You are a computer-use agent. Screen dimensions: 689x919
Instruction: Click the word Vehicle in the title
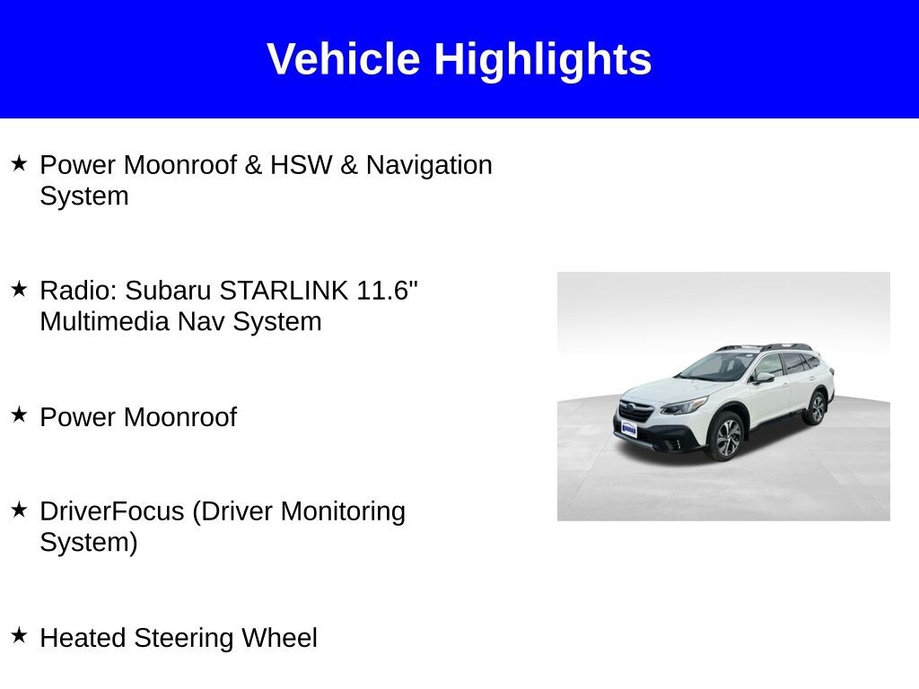pyautogui.click(x=343, y=59)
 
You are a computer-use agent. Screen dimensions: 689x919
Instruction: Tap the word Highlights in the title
pyautogui.click(x=543, y=59)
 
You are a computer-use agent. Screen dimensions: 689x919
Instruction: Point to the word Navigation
pyautogui.click(x=429, y=165)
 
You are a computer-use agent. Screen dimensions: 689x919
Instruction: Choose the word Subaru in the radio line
pyautogui.click(x=169, y=291)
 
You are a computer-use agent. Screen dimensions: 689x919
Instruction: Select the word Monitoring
pyautogui.click(x=344, y=511)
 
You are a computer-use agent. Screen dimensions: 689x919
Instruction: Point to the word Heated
pyautogui.click(x=83, y=638)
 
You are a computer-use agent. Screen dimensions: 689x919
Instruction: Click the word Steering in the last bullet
pyautogui.click(x=188, y=638)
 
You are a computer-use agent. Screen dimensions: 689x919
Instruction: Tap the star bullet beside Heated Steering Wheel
pyautogui.click(x=19, y=636)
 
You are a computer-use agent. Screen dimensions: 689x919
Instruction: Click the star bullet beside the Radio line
pyautogui.click(x=19, y=289)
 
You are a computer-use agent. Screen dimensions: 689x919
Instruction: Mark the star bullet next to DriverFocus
pyautogui.click(x=19, y=510)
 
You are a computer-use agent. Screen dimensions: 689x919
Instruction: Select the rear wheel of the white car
pyautogui.click(x=816, y=408)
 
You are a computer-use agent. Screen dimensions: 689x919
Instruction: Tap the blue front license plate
pyautogui.click(x=629, y=430)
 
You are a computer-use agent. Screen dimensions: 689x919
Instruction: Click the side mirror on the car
pyautogui.click(x=764, y=378)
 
